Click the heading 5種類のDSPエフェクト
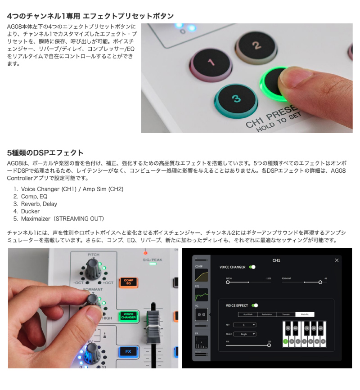click(45, 152)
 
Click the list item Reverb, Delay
click(39, 204)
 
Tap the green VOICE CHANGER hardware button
click(128, 316)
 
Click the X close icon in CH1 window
click(337, 260)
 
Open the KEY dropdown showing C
click(245, 324)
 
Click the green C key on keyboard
click(286, 342)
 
